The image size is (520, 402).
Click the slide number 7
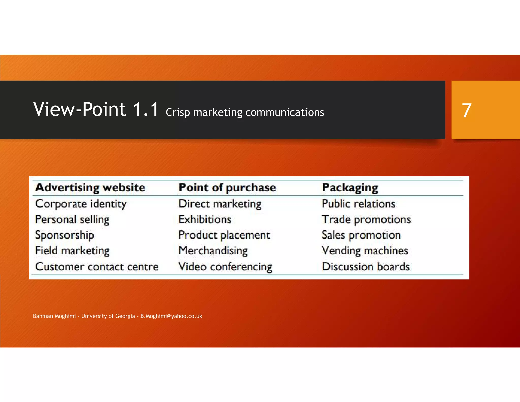point(467,111)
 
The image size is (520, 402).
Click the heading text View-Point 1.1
point(96,110)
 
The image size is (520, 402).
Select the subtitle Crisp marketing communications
point(245,112)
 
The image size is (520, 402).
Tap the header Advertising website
point(90,188)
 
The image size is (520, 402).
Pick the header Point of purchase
point(227,188)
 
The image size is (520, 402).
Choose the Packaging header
point(350,188)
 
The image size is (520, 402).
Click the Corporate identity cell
point(81,204)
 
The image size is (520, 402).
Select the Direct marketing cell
point(220,204)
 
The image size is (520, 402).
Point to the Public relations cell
point(359,204)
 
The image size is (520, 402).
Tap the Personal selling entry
point(72,220)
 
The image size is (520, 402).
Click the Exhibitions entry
point(205,220)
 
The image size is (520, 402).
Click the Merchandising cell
point(213,251)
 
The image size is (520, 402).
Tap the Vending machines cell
point(365,251)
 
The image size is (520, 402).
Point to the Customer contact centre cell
point(97,267)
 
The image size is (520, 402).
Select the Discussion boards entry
point(366,267)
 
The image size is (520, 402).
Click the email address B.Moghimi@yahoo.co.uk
point(171,316)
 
